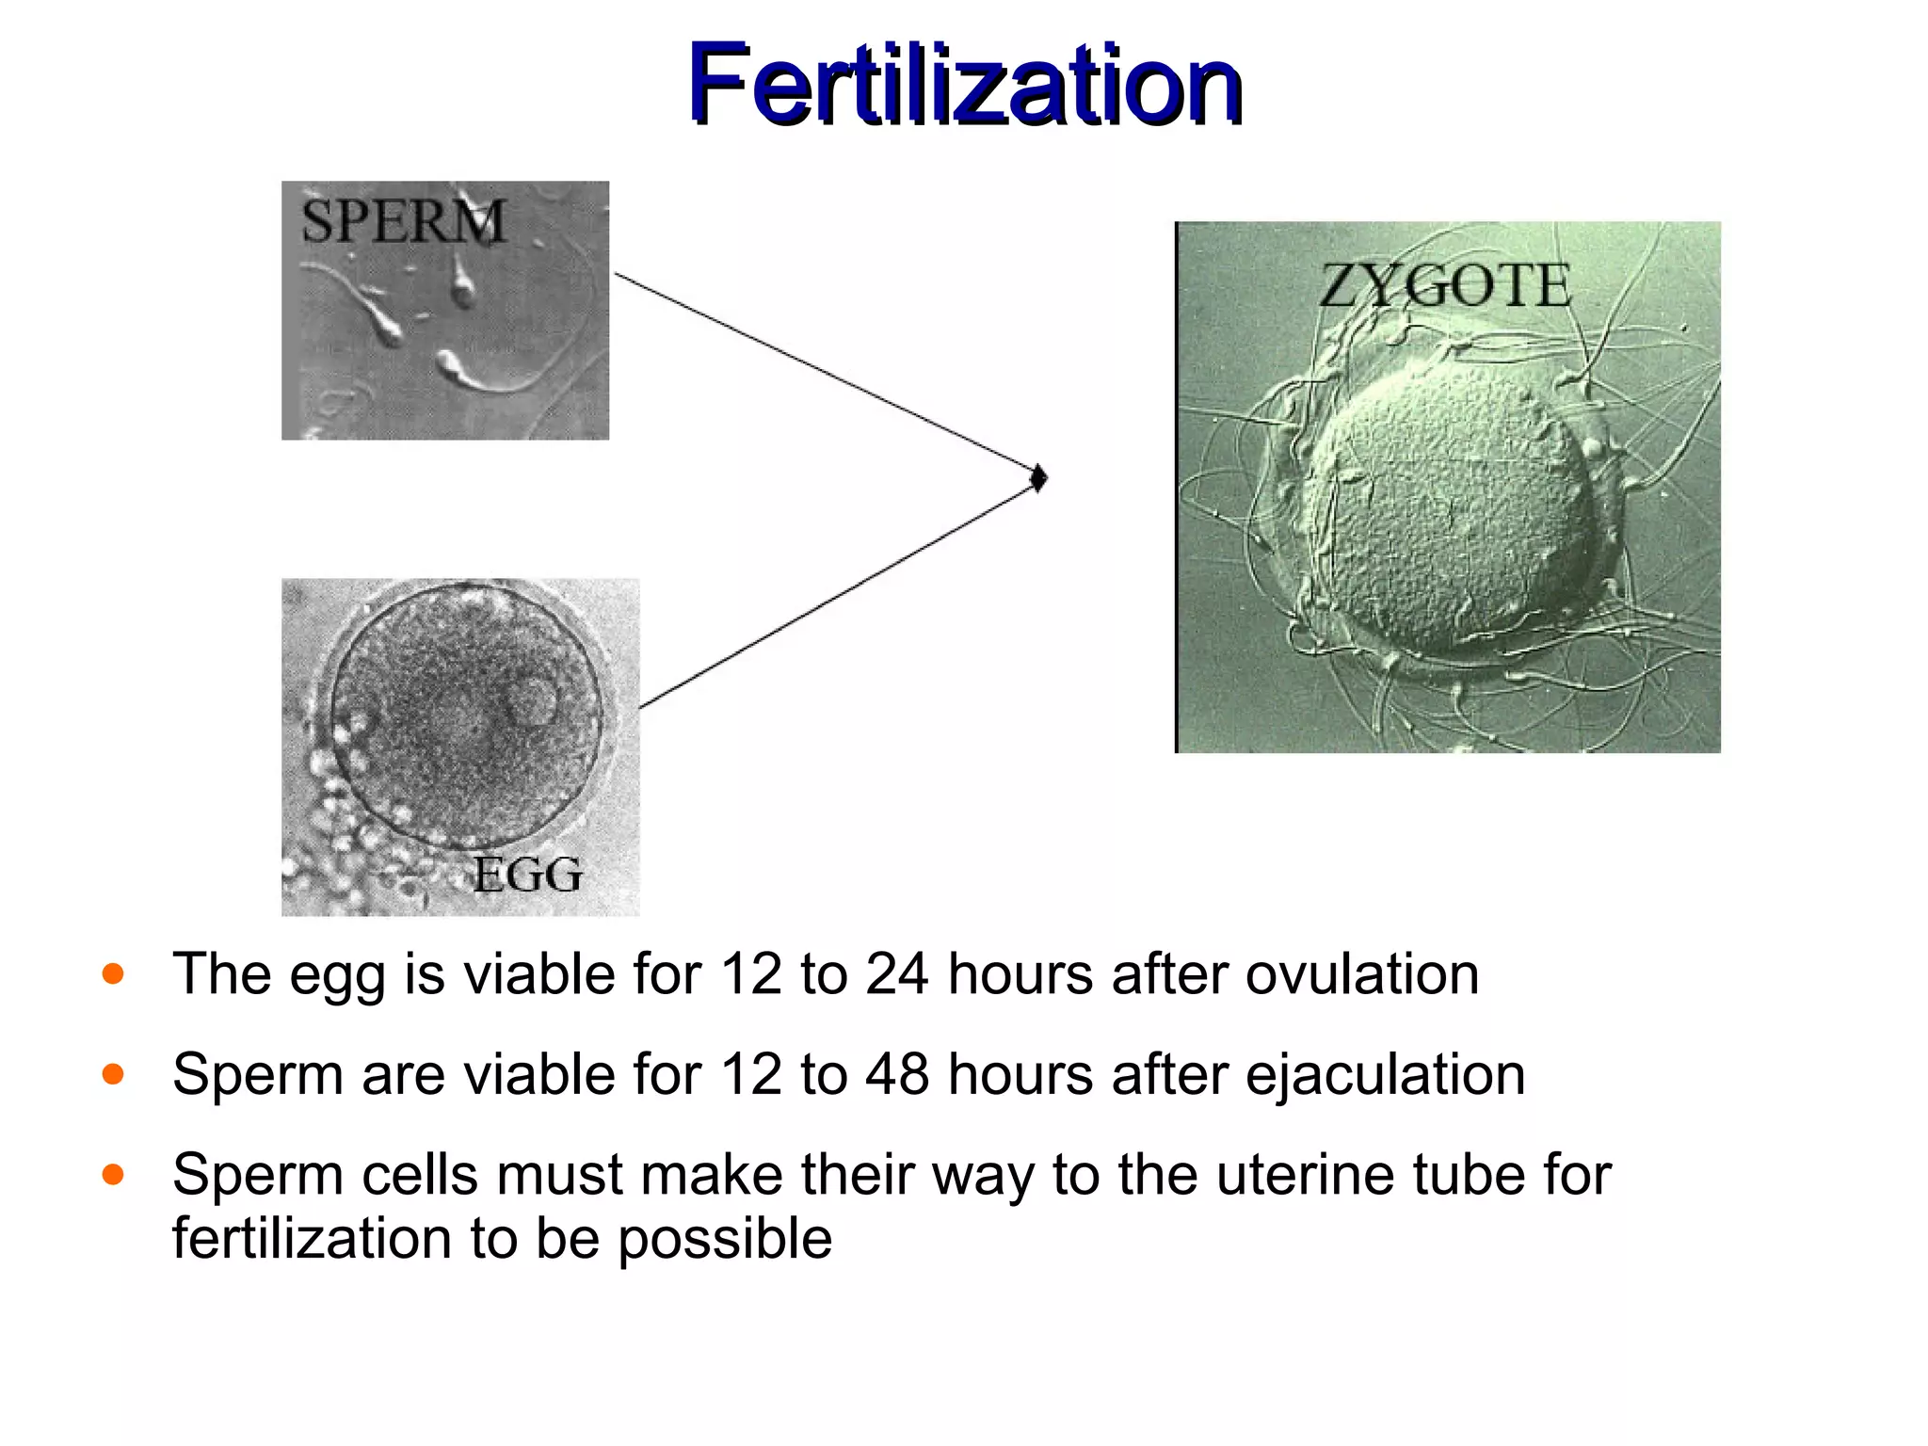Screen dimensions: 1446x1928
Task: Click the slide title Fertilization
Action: (964, 85)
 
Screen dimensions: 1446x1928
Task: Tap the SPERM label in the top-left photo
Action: (403, 221)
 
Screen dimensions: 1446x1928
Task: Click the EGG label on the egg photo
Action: (527, 875)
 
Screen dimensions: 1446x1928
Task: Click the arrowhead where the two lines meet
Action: (1038, 478)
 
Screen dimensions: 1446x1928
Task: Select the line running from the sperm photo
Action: (819, 371)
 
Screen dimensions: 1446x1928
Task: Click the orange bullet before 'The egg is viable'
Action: (113, 973)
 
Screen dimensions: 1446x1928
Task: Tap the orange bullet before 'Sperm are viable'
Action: (113, 1074)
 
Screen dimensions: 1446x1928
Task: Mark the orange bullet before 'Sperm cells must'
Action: (113, 1175)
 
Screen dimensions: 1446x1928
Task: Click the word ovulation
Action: (1362, 973)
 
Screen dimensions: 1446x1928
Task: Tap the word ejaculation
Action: (1385, 1074)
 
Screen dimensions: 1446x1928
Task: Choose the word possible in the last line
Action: (725, 1239)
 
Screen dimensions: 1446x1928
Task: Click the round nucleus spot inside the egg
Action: (532, 702)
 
